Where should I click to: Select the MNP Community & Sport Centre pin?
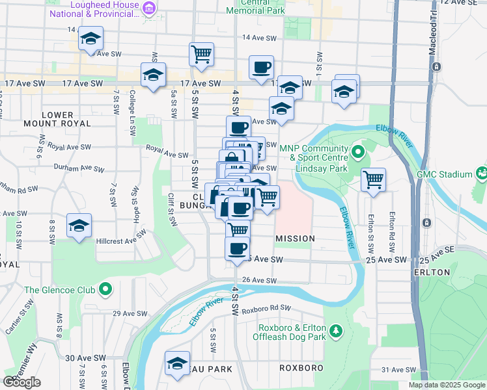357,153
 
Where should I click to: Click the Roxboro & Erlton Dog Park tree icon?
336,331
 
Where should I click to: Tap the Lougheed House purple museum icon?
149,8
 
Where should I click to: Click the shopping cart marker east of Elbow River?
373,179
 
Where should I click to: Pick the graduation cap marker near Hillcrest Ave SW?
79,226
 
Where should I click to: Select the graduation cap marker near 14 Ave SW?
91,38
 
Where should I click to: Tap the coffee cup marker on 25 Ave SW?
238,248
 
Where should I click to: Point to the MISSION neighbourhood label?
295,239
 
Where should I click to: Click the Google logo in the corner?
21,382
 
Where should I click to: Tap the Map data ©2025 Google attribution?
446,385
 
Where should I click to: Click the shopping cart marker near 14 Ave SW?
202,54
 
